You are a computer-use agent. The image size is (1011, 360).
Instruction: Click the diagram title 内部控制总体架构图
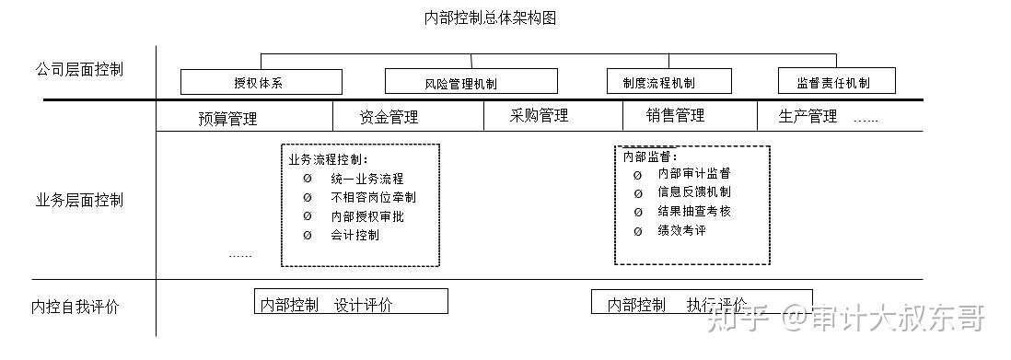point(490,17)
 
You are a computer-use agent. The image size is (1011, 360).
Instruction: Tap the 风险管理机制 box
point(471,82)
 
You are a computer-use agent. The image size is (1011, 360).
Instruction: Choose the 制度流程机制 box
point(668,82)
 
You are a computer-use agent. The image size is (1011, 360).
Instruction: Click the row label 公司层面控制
point(79,69)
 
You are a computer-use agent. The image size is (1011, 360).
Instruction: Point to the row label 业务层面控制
point(79,201)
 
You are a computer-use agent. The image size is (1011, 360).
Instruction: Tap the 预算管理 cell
point(227,118)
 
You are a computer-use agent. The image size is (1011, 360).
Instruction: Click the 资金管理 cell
point(389,117)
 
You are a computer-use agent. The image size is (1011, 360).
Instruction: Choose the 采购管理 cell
point(539,116)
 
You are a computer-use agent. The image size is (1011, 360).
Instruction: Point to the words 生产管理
point(808,116)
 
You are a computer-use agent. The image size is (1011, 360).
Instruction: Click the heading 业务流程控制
point(328,159)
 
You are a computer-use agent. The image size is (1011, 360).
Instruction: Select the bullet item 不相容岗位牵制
point(373,197)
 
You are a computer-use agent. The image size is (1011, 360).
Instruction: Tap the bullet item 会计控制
point(354,235)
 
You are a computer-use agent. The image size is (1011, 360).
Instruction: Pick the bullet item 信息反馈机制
point(694,192)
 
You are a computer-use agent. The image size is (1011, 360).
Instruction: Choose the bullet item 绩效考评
point(681,230)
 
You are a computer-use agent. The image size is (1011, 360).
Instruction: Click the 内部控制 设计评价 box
point(351,303)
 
